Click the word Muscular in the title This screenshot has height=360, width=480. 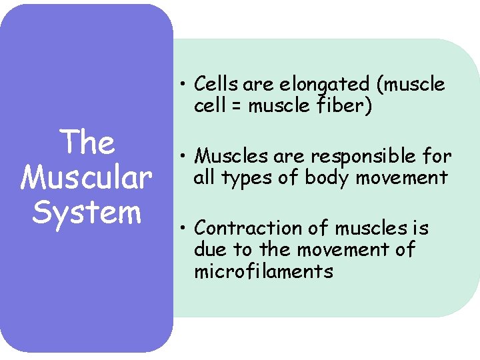[87, 177]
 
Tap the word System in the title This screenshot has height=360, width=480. [87, 212]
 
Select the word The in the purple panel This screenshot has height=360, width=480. [87, 142]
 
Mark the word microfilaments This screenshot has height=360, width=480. [263, 271]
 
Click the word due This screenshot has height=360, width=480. [209, 250]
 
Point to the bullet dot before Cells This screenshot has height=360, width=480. [182, 85]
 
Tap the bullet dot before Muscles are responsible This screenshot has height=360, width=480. [182, 157]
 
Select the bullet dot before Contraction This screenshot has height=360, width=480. [182, 229]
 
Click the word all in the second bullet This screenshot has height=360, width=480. [203, 177]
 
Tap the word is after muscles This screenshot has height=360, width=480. [421, 229]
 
